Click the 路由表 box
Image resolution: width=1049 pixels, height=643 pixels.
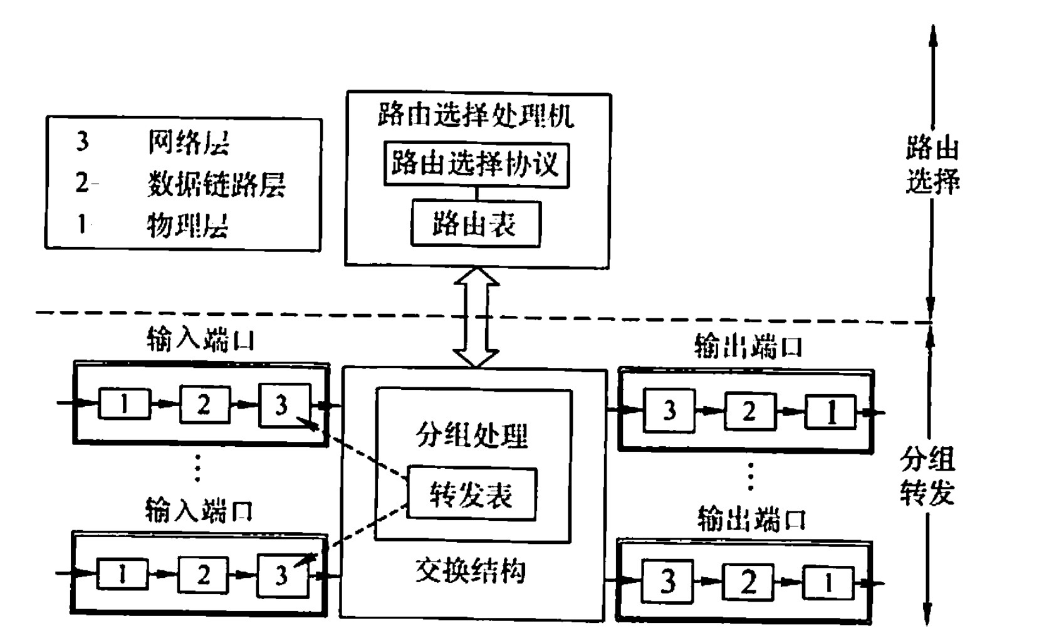(x=475, y=224)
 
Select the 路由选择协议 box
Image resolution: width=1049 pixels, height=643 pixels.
(x=476, y=165)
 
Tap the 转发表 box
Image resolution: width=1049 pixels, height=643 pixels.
(x=471, y=494)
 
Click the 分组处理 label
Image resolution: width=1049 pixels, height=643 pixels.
(x=472, y=435)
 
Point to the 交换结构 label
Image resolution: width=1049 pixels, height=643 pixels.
(x=471, y=571)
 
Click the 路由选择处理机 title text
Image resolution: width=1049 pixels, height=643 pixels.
(x=476, y=116)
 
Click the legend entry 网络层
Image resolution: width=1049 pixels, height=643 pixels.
(x=188, y=143)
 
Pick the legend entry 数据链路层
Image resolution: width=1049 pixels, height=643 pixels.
(x=216, y=184)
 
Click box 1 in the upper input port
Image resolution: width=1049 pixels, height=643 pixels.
(x=125, y=404)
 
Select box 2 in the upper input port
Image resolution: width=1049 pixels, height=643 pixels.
(x=204, y=404)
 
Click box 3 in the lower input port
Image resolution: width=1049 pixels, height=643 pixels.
(x=282, y=575)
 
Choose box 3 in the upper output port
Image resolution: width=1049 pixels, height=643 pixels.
(x=669, y=411)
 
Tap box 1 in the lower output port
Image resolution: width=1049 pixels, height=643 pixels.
(x=828, y=583)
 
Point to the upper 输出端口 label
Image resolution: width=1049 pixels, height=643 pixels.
(x=748, y=347)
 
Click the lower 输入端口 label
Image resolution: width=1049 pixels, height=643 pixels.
(x=199, y=510)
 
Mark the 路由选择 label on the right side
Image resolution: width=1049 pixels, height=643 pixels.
(x=932, y=165)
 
